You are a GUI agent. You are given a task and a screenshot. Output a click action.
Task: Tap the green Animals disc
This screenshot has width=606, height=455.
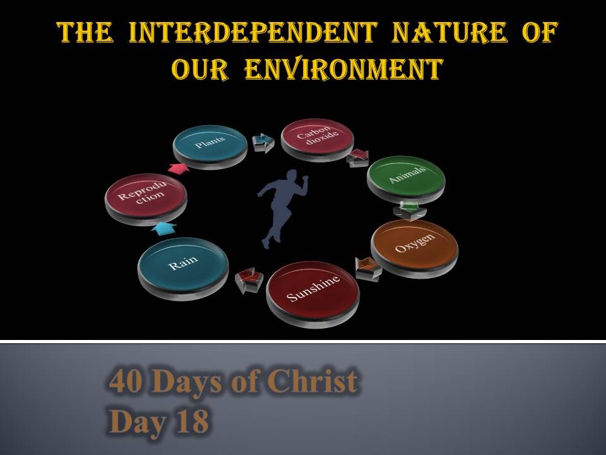point(406,176)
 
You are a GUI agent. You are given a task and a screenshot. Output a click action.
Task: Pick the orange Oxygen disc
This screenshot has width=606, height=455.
point(414,246)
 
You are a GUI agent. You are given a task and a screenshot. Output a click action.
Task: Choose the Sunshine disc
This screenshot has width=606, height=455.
point(313,290)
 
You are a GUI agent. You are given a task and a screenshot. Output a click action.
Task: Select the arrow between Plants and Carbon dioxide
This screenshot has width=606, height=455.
point(263,142)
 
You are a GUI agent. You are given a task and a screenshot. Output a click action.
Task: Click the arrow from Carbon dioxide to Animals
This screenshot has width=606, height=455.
point(358,157)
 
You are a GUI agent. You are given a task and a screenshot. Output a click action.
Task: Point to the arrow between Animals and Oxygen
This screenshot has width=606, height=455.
point(406,209)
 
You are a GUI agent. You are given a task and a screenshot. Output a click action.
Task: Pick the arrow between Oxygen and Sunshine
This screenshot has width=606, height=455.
point(367,267)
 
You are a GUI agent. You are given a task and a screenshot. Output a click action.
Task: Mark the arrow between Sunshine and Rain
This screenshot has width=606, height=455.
point(246,280)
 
